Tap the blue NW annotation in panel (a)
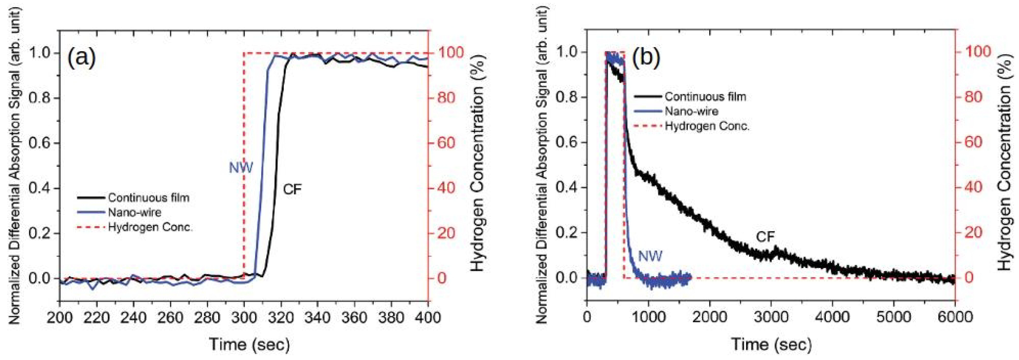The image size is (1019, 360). [x=241, y=168]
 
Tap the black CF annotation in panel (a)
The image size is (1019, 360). [x=292, y=190]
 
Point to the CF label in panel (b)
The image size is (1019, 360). [x=765, y=237]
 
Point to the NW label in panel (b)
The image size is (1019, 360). [x=651, y=256]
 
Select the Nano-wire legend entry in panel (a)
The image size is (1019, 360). [x=135, y=212]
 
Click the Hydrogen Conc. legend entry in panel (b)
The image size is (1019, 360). [x=707, y=126]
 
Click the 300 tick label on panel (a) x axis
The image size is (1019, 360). [x=244, y=318]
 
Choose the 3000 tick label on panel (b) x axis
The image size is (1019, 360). [x=771, y=318]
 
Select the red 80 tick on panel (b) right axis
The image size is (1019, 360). [x=972, y=97]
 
